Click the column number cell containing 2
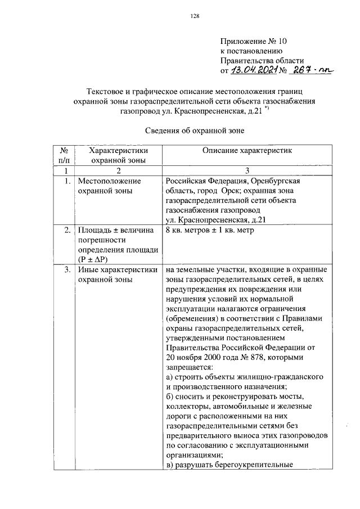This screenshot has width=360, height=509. click(119, 171)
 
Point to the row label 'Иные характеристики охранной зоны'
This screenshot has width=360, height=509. click(117, 274)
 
